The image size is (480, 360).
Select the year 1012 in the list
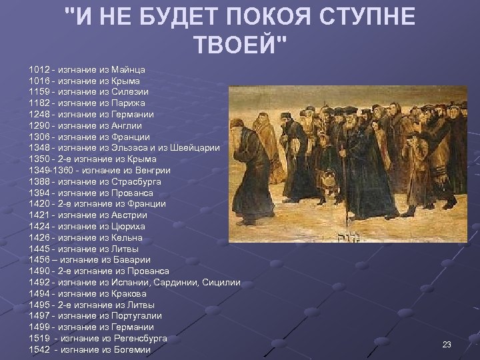pos(40,69)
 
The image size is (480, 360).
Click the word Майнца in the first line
pos(130,69)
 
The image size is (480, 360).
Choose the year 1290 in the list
pos(40,125)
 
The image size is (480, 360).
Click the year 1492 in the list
pos(40,283)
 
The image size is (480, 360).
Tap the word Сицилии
pos(221,283)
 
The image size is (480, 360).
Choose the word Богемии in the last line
pos(131,350)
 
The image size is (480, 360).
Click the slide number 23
pos(447,344)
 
